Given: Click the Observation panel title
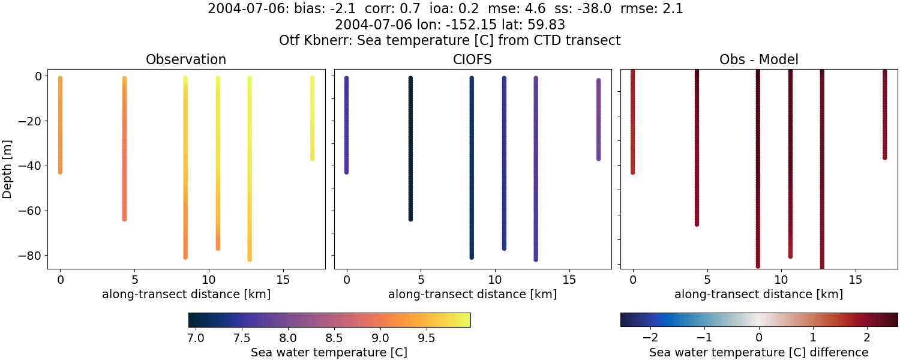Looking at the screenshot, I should coord(186,59).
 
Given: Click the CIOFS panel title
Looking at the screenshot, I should coord(472,59).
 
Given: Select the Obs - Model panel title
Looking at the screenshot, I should coord(758,59).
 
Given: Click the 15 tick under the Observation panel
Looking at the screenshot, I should coord(282,280).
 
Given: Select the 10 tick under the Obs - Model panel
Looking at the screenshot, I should coord(781,280).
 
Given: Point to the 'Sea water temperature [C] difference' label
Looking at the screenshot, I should coord(758,352).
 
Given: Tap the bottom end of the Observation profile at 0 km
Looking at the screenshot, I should coord(60,172).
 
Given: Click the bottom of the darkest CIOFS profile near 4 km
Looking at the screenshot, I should coord(410,219).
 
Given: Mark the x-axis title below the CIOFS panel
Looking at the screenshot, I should coord(472,295).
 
